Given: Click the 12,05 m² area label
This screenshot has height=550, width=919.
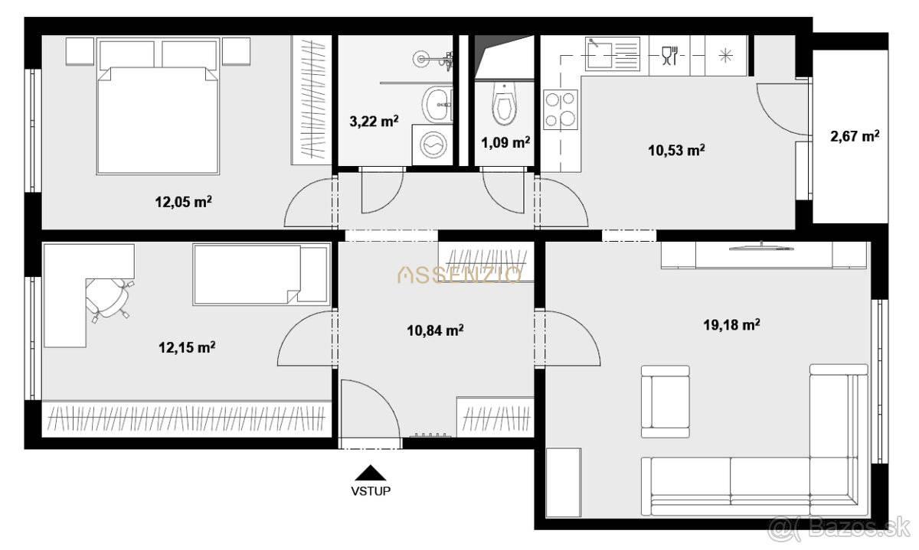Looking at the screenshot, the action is [183, 202].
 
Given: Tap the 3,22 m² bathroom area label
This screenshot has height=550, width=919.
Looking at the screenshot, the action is [374, 122].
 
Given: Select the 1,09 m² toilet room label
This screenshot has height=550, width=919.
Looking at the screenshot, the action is [505, 142].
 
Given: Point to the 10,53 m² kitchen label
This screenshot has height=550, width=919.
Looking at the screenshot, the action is [676, 150].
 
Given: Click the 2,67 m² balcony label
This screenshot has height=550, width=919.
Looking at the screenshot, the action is [855, 136].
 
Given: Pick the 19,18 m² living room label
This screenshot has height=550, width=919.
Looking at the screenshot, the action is [732, 325].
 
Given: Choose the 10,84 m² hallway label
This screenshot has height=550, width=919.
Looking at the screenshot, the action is [435, 330].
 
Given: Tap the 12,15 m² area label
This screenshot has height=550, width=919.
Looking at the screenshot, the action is [187, 347].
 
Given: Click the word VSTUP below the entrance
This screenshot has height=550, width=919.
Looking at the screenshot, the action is [371, 491].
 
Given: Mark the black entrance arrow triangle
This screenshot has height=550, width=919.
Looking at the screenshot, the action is [371, 473].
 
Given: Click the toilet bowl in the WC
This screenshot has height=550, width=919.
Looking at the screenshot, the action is [504, 104].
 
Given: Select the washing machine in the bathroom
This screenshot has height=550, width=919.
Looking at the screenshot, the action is [432, 145].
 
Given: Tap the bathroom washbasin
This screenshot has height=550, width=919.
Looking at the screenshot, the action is [437, 104].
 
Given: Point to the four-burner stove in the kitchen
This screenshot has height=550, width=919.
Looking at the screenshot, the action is [561, 110].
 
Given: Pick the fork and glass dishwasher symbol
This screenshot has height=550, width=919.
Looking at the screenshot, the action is [669, 55].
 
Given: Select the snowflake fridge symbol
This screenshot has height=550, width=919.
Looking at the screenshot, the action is [726, 55].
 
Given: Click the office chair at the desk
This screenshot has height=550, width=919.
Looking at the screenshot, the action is [109, 298].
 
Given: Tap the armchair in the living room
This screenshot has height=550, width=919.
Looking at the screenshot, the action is [665, 402].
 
